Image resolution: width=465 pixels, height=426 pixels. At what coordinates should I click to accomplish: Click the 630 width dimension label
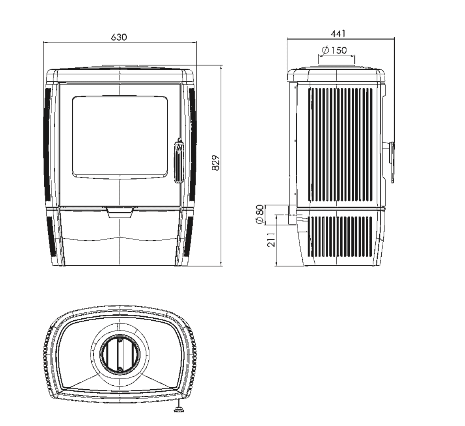pyautogui.click(x=119, y=37)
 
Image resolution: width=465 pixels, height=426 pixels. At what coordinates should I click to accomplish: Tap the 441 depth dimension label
pyautogui.click(x=338, y=34)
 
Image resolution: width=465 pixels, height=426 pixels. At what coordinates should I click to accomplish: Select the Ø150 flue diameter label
pyautogui.click(x=334, y=50)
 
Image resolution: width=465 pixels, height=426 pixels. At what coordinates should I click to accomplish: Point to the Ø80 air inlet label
pyautogui.click(x=259, y=215)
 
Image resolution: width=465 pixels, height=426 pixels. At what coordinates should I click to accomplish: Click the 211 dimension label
pyautogui.click(x=271, y=239)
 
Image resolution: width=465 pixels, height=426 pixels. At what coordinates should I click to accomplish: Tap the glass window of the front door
pyautogui.click(x=120, y=137)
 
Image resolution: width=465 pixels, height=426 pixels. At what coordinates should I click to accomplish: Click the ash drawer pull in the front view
pyautogui.click(x=120, y=213)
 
